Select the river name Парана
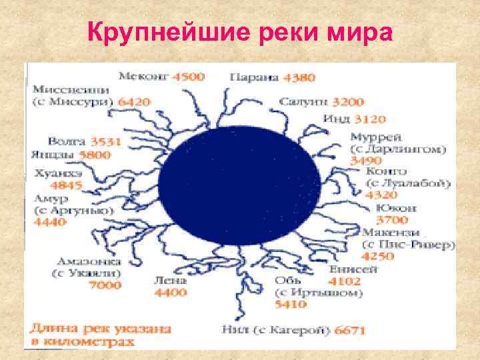coord(254,77)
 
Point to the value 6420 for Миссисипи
coord(134,102)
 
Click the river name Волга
coord(67,141)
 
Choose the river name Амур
coord(47,198)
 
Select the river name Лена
coord(170,281)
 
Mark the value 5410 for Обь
coord(291,305)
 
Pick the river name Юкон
coord(396,208)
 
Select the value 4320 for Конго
coord(382,195)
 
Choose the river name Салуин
coord(304,102)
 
